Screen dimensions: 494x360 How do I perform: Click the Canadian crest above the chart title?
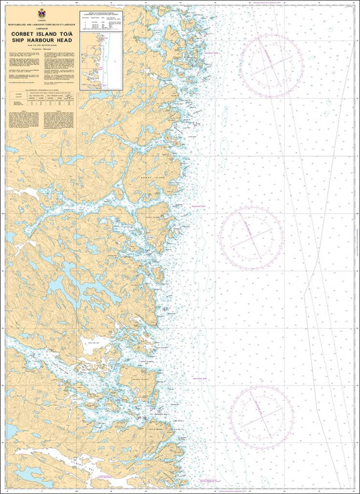[x=42, y=13]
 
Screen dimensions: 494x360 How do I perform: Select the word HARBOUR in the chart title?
[x=41, y=40]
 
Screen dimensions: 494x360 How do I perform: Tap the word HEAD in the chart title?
[x=64, y=40]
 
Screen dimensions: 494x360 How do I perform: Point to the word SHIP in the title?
[x=19, y=40]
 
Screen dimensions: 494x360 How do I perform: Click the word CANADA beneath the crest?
[x=42, y=20]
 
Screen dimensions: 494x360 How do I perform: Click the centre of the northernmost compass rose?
[x=270, y=66]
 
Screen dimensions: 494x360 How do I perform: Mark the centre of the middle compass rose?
[x=251, y=236]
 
